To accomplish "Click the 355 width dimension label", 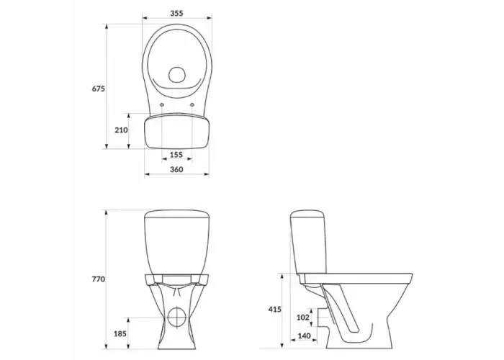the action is coord(176,13).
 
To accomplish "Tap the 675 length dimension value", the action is coord(99,89).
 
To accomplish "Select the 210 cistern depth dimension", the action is coord(121,130).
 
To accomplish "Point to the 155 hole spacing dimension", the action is coord(176,155).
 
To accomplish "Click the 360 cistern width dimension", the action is coord(176,169).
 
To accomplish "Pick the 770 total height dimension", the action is coord(99,279).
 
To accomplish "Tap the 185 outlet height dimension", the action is coord(120,334).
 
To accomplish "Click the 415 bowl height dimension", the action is coord(275,310).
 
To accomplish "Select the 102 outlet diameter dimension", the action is coord(303,318).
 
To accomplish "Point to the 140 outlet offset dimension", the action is coord(304,336).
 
